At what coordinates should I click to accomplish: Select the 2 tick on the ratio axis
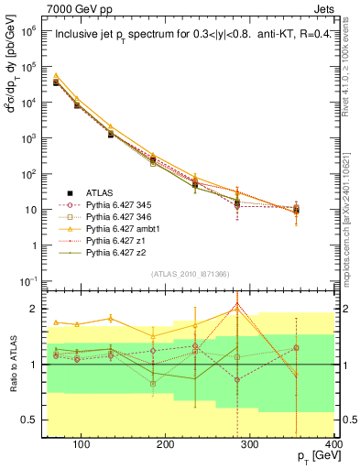(x=38, y=309)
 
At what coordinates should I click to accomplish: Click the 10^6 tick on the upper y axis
(x=31, y=30)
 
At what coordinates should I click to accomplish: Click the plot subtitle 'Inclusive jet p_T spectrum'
(x=119, y=36)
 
